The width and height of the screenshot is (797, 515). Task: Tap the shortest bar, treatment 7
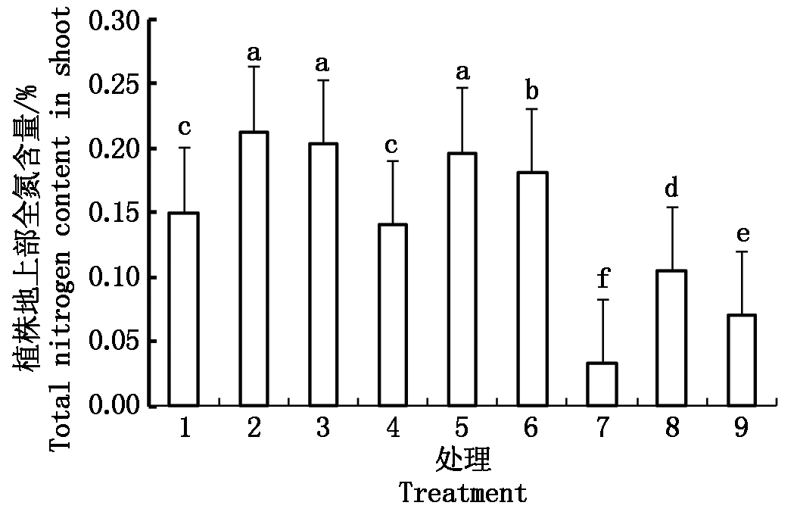click(x=602, y=384)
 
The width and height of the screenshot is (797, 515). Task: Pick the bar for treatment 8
click(x=672, y=338)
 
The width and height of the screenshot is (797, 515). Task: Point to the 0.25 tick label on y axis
click(x=114, y=83)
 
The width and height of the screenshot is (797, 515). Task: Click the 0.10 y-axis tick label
click(x=114, y=277)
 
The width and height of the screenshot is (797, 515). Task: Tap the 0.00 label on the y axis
click(x=114, y=407)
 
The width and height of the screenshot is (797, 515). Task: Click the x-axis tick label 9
click(x=742, y=429)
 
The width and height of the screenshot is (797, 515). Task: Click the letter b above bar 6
click(x=532, y=91)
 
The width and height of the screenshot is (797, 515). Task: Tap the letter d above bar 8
click(x=672, y=187)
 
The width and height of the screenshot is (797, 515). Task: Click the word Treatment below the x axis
click(x=462, y=493)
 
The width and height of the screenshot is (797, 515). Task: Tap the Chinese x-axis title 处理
click(x=462, y=460)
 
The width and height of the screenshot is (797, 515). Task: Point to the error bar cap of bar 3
click(x=324, y=80)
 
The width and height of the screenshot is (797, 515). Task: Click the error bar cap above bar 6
click(x=532, y=110)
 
